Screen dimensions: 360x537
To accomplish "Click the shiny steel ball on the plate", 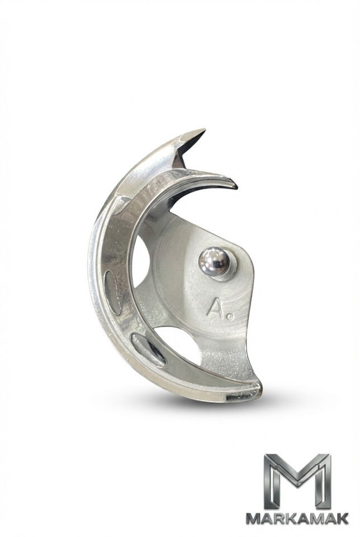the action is [214, 262].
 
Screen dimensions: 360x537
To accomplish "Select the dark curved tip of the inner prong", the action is [233, 185].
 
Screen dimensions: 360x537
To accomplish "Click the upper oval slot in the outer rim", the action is [113, 292].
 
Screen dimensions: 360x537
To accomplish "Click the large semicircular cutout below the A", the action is [178, 344].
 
